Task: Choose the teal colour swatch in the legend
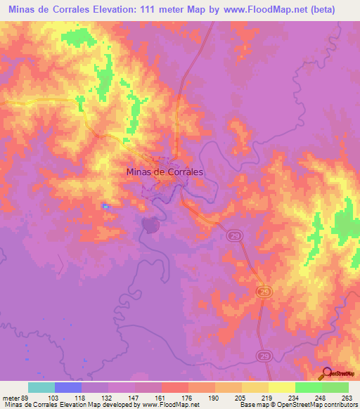(x=41, y=387)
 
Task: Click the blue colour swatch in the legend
(x=68, y=387)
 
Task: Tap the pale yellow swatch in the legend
(x=281, y=387)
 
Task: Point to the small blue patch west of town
(x=105, y=206)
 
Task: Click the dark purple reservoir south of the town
(x=149, y=224)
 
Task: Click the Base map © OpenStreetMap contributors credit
(x=297, y=405)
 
